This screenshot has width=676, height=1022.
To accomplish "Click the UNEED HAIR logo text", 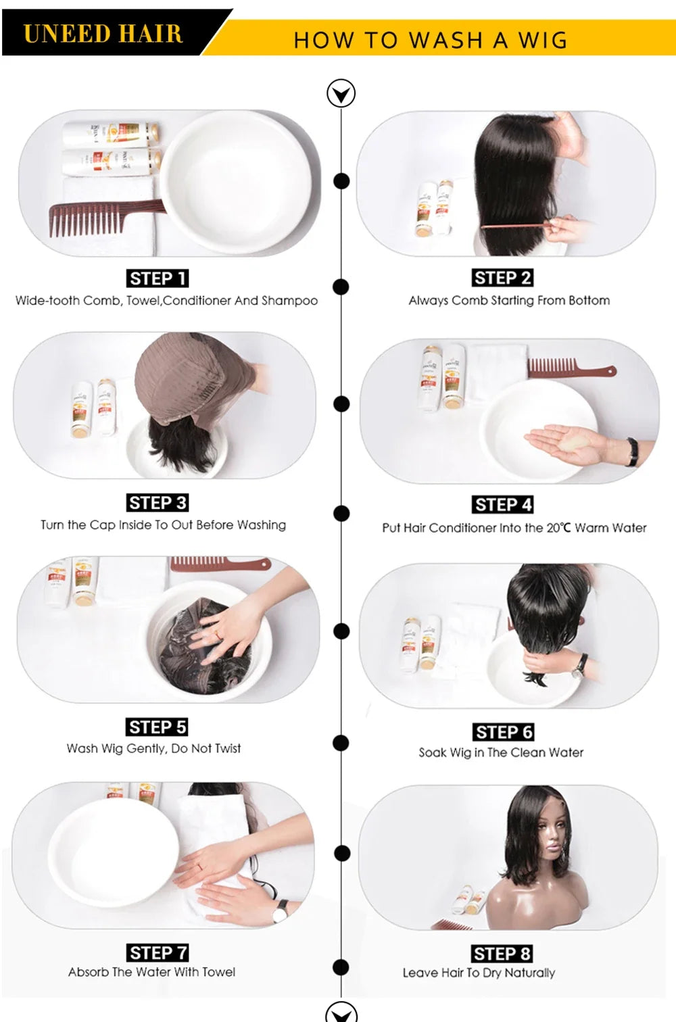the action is click(103, 34).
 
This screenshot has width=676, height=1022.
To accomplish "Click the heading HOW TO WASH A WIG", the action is click(431, 40).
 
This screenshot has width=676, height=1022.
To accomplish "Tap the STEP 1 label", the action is click(158, 278).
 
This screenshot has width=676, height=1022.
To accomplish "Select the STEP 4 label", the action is click(502, 505).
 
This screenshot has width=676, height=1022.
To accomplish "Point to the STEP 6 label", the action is click(504, 732).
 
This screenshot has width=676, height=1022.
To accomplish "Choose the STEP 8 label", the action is click(502, 954).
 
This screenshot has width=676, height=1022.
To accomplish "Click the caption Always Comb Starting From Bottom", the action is click(509, 300).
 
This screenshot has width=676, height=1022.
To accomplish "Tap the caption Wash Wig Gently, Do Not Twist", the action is click(154, 748).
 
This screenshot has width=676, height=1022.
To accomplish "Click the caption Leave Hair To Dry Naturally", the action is click(479, 973).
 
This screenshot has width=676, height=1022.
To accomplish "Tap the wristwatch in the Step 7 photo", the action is click(281, 911).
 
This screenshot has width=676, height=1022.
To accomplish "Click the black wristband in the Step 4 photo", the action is click(632, 452).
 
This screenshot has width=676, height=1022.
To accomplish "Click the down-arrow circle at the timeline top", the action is click(341, 93).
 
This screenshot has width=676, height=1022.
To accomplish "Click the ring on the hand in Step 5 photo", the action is click(218, 634).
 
